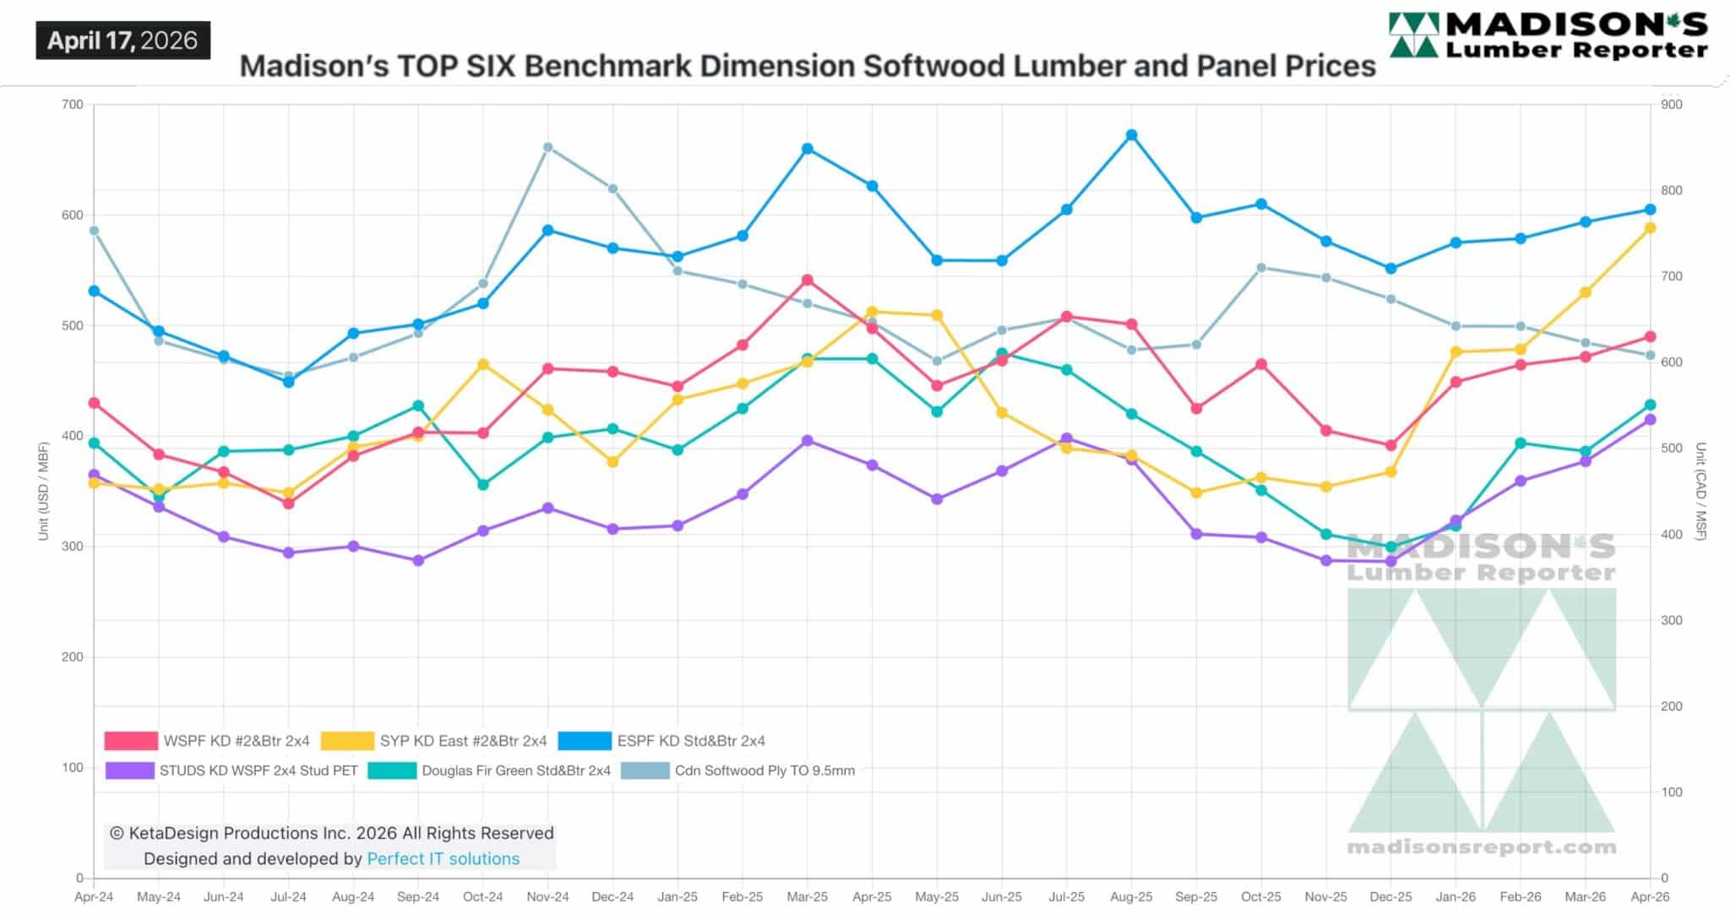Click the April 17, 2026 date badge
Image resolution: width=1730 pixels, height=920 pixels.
pos(122,41)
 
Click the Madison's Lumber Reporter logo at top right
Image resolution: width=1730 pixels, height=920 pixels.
pos(1548,35)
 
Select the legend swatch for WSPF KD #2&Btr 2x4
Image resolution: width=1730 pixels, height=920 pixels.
pos(131,741)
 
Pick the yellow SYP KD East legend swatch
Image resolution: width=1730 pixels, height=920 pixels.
pos(347,741)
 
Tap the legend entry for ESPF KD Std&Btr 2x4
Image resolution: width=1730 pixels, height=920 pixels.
pos(691,741)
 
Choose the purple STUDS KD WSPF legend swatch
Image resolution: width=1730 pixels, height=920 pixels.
pos(130,770)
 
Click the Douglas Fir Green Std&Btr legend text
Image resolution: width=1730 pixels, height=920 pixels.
pos(515,770)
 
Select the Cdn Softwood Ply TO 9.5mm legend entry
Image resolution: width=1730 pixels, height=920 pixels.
pos(764,770)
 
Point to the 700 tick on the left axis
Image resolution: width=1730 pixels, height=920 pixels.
pos(73,105)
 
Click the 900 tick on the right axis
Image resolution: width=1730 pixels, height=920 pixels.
pos(1672,105)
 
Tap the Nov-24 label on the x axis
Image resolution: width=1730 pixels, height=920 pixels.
pos(547,897)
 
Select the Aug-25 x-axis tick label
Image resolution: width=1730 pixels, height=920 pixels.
pos(1131,897)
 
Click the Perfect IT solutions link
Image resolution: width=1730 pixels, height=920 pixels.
pos(443,859)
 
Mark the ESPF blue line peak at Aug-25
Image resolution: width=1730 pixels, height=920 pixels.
pos(1131,135)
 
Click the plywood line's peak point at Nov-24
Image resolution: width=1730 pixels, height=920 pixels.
pos(547,147)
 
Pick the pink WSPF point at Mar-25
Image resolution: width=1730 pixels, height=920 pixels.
pos(808,280)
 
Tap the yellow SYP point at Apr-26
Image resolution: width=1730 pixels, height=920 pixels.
pos(1650,228)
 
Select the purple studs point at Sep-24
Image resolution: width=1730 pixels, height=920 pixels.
pos(418,560)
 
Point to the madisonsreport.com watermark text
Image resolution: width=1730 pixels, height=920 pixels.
pos(1482,847)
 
